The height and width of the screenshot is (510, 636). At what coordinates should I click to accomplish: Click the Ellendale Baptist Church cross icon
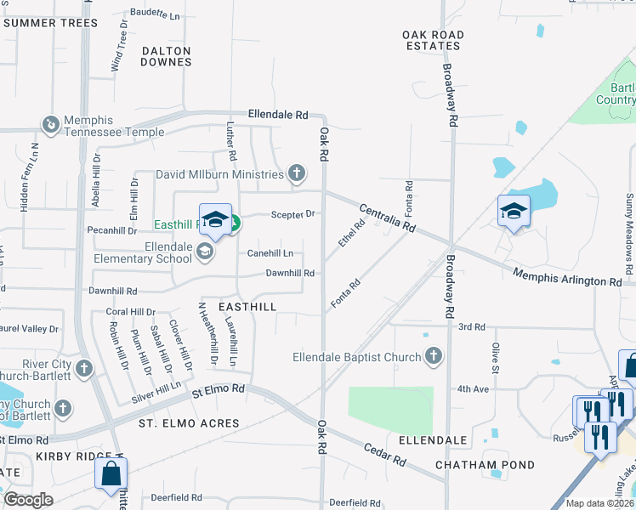pyautogui.click(x=434, y=356)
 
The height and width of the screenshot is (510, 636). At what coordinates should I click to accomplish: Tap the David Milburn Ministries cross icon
pyautogui.click(x=296, y=174)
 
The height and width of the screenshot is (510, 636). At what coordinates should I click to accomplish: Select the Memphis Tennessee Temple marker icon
pyautogui.click(x=51, y=125)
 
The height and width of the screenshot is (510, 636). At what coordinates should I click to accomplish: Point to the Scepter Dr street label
pyautogui.click(x=293, y=214)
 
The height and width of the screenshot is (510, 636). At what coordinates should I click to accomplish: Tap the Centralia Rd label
pyautogui.click(x=387, y=218)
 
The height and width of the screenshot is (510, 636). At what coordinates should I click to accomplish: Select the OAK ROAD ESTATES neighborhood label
pyautogui.click(x=434, y=40)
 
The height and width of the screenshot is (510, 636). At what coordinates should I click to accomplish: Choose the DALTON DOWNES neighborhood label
pyautogui.click(x=167, y=56)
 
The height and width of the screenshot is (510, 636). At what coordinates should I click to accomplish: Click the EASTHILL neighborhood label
pyautogui.click(x=247, y=306)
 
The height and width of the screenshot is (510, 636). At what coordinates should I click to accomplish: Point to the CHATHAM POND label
pyautogui.click(x=485, y=465)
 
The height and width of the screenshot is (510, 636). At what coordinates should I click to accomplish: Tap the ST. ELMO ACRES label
pyautogui.click(x=189, y=423)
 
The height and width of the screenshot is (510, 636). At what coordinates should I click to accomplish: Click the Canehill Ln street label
pyautogui.click(x=270, y=253)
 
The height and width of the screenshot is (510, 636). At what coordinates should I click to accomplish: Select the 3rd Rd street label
pyautogui.click(x=471, y=326)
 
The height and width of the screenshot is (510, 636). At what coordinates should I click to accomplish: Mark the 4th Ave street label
pyautogui.click(x=474, y=388)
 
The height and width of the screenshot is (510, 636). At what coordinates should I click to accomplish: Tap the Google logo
pyautogui.click(x=28, y=499)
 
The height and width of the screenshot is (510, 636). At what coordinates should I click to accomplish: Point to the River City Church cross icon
pyautogui.click(x=83, y=368)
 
